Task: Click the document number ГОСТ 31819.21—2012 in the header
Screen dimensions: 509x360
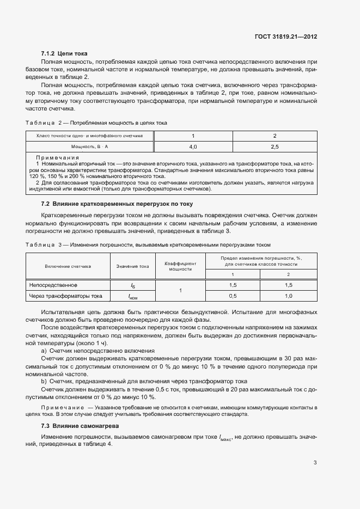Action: tap(286, 37)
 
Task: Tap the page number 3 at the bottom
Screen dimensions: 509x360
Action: tap(315, 463)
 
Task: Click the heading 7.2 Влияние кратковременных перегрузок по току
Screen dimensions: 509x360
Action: tap(122, 204)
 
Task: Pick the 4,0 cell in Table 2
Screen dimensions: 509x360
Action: tap(193, 147)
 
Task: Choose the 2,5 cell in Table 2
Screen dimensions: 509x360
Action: tap(274, 147)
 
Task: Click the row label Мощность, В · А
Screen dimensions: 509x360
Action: tap(89, 147)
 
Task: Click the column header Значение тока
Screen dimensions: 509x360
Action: tap(132, 266)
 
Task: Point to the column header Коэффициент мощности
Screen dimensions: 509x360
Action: tap(180, 266)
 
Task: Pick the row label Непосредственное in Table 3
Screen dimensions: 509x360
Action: tap(53, 285)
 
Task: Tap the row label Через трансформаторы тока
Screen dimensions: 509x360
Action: tap(66, 296)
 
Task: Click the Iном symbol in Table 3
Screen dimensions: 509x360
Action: tap(132, 297)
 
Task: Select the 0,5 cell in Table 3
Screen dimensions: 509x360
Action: tap(233, 296)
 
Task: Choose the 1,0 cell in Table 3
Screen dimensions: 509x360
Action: tap(288, 296)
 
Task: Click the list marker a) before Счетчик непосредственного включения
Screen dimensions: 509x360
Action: tap(44, 351)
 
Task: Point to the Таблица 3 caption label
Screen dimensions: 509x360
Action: tap(45, 245)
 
